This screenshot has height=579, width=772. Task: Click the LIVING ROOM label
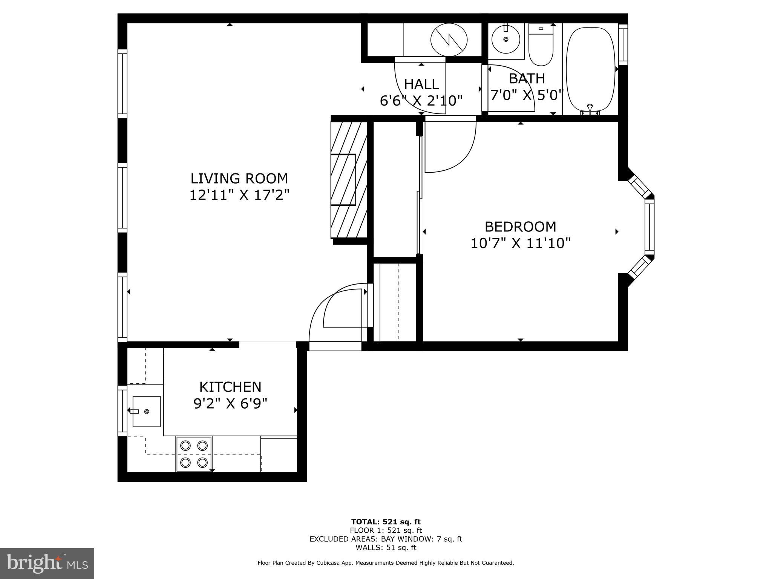(239, 178)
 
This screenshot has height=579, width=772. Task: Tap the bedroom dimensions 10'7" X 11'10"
(520, 243)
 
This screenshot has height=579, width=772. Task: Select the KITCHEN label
(230, 387)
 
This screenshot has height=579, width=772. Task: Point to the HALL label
(421, 84)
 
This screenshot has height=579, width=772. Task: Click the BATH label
(527, 78)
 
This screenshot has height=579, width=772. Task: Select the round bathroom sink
(506, 39)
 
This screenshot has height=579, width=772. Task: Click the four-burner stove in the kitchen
(194, 454)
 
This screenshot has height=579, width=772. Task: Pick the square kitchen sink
(146, 411)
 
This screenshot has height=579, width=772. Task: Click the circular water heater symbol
(449, 40)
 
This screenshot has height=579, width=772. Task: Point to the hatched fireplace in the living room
(348, 180)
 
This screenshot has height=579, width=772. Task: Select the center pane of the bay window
(649, 227)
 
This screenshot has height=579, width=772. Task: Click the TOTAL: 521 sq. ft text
(386, 522)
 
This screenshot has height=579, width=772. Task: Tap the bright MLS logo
(47, 564)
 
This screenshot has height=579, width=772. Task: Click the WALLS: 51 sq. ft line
(386, 547)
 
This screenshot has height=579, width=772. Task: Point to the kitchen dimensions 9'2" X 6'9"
(230, 404)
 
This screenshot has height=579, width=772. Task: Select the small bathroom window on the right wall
(623, 44)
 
